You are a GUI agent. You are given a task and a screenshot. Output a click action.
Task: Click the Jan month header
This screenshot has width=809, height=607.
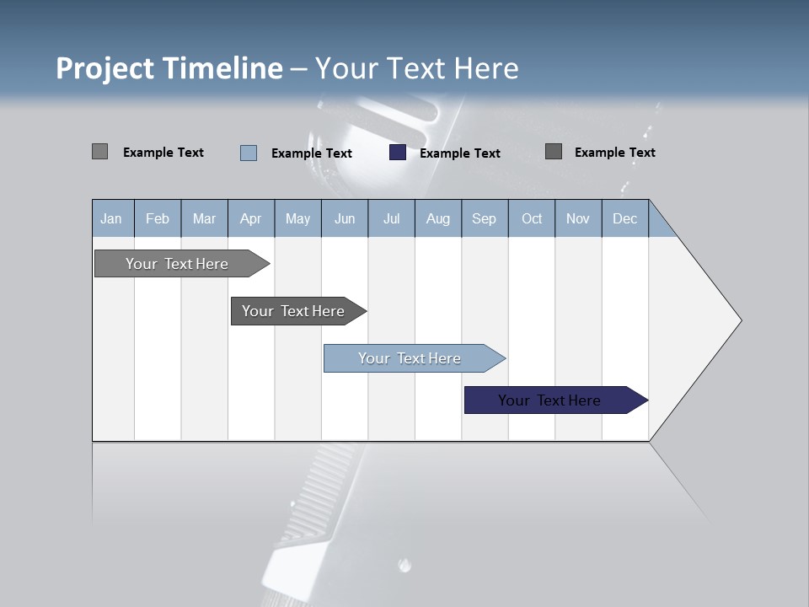click(x=111, y=218)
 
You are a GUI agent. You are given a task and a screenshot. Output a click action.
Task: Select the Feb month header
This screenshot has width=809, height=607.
click(x=158, y=218)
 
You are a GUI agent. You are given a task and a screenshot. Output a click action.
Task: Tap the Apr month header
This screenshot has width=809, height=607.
click(x=250, y=218)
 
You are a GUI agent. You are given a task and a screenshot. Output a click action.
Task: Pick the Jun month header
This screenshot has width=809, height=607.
click(x=345, y=218)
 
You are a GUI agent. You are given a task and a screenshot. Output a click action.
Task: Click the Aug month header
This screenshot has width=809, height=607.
click(x=437, y=218)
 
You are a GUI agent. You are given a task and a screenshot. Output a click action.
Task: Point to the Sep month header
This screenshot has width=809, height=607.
click(x=484, y=218)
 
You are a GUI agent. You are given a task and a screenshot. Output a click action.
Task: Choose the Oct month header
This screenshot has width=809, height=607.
click(x=532, y=218)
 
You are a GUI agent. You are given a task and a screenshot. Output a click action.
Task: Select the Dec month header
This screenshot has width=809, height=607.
click(x=624, y=218)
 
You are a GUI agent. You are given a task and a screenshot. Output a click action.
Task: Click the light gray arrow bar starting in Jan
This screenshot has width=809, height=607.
click(x=177, y=264)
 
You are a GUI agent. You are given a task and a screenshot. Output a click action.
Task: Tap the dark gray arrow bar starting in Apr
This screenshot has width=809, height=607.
click(x=293, y=311)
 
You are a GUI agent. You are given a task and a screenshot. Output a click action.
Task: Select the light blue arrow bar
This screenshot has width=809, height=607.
click(x=410, y=358)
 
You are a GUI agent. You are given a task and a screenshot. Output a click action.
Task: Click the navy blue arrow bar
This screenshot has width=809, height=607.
click(x=549, y=400)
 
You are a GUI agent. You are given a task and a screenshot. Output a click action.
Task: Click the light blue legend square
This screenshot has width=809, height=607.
click(x=249, y=153)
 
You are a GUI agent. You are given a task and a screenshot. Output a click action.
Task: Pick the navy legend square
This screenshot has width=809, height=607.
click(x=398, y=153)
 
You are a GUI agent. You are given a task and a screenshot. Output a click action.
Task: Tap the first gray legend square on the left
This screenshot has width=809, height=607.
click(x=99, y=152)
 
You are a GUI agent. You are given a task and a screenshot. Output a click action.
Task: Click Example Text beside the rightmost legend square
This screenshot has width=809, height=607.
click(x=614, y=153)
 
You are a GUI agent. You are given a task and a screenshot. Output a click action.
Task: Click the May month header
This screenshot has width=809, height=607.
click(x=297, y=218)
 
